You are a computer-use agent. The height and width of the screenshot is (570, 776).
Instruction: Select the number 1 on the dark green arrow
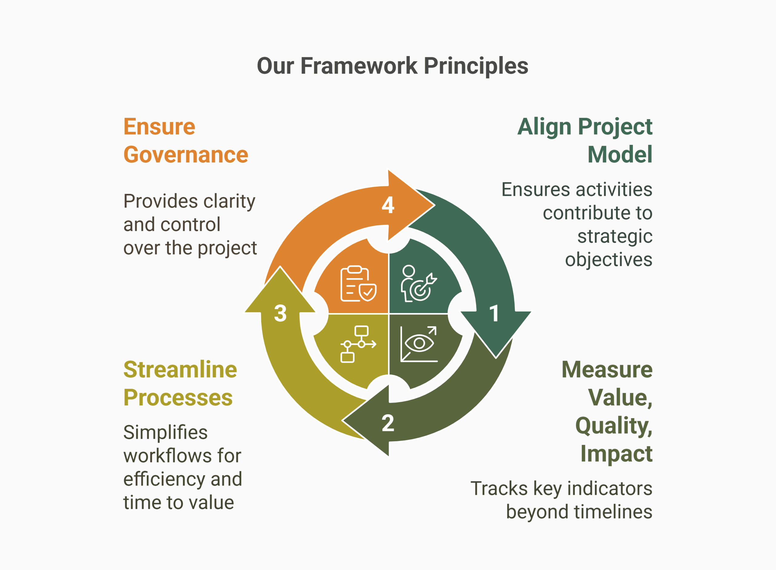point(494,313)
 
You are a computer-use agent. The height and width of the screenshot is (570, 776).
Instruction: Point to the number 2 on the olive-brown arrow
point(388,423)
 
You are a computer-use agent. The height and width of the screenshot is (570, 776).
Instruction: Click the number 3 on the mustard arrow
point(280,313)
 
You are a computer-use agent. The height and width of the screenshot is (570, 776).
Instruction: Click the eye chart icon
point(419,344)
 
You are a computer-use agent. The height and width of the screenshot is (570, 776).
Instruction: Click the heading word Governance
point(186,155)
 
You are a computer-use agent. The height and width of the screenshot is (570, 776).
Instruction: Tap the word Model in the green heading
point(620,155)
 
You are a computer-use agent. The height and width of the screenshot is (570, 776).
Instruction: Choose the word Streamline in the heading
point(180,369)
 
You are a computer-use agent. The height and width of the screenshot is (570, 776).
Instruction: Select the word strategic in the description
point(615,236)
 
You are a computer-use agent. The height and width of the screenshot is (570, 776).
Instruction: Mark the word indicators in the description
point(610,488)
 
